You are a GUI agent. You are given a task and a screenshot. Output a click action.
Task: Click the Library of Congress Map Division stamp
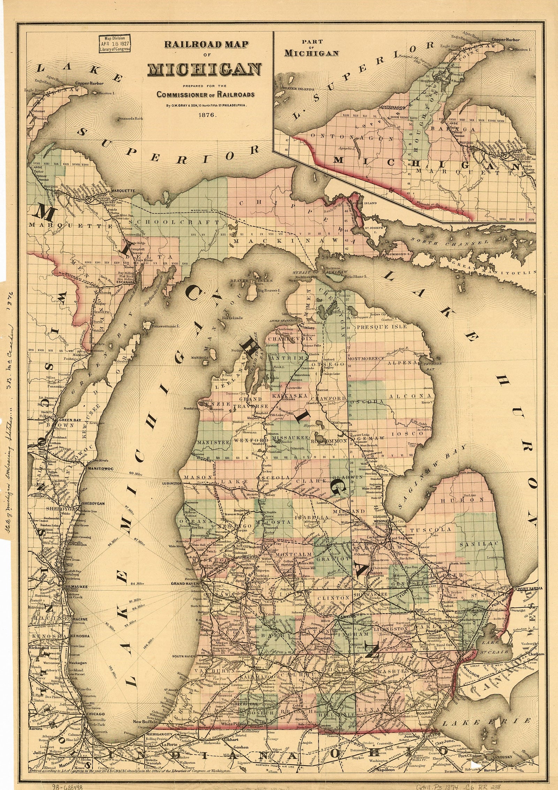[114, 44]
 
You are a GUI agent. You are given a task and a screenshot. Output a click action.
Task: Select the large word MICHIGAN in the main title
[205, 70]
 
